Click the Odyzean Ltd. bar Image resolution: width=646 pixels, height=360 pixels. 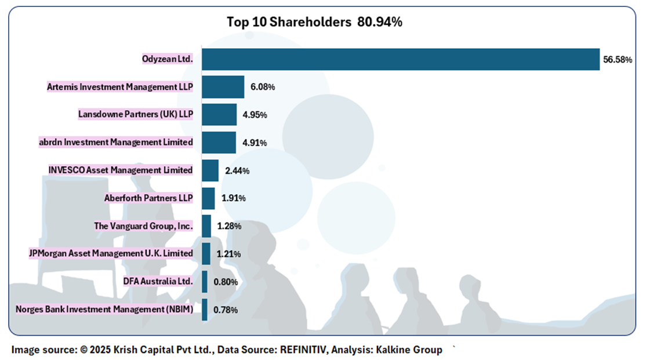(x=400, y=59)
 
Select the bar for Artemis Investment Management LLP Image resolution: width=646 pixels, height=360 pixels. (x=223, y=87)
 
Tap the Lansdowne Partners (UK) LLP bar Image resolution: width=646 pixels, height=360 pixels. (x=219, y=115)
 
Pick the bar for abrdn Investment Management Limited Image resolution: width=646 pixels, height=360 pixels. (x=219, y=143)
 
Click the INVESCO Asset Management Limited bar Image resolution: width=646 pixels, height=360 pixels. (x=210, y=170)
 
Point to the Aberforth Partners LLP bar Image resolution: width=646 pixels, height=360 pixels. (x=208, y=198)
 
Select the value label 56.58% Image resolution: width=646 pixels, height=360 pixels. (x=617, y=60)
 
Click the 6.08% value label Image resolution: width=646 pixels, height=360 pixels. (x=263, y=88)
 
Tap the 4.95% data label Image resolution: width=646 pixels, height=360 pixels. (x=255, y=115)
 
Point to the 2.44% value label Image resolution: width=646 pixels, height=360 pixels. (x=237, y=171)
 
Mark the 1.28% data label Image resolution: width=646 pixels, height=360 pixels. (x=229, y=226)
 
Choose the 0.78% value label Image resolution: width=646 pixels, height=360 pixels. (x=226, y=310)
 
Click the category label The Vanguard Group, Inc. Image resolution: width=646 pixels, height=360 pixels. (x=143, y=226)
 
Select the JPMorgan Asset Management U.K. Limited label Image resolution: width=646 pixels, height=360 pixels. (x=111, y=253)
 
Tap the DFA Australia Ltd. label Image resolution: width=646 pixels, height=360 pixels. (x=158, y=281)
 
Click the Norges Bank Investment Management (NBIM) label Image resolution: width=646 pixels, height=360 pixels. (x=104, y=309)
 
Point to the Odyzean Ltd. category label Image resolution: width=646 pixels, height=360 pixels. (x=168, y=59)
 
